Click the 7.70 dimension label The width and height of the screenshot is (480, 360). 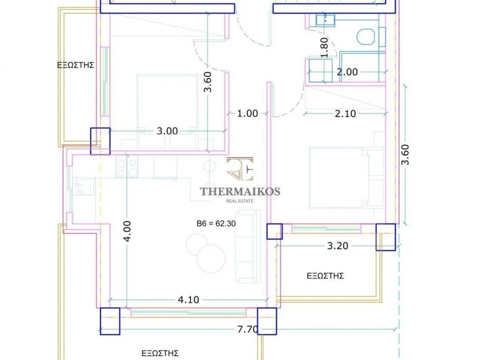pyautogui.click(x=247, y=330)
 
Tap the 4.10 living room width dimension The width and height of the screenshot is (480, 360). pyautogui.click(x=188, y=300)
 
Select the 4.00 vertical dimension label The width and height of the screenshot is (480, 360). pyautogui.click(x=127, y=231)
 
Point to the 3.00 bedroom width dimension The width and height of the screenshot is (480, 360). pyautogui.click(x=167, y=131)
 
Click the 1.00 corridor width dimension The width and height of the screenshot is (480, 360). pyautogui.click(x=247, y=113)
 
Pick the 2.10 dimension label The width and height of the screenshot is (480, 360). pyautogui.click(x=345, y=113)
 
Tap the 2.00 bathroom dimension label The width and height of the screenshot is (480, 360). pyautogui.click(x=347, y=72)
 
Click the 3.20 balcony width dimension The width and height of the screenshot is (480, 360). pyautogui.click(x=337, y=246)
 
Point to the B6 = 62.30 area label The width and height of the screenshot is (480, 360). pyautogui.click(x=216, y=224)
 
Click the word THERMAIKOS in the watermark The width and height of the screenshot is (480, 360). pyautogui.click(x=240, y=191)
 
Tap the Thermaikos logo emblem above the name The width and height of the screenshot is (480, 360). pyautogui.click(x=240, y=169)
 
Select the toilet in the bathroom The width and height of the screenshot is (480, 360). pyautogui.click(x=366, y=37)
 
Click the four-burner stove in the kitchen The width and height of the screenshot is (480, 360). pyautogui.click(x=127, y=166)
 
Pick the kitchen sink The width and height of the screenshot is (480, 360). pyautogui.click(x=82, y=187)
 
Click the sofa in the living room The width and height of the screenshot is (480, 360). pyautogui.click(x=248, y=247)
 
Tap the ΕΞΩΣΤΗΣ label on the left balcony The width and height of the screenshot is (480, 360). pyautogui.click(x=75, y=65)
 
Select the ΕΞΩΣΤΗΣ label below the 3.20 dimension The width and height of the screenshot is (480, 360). pyautogui.click(x=325, y=276)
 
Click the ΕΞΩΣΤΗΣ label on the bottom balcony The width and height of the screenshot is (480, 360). pyautogui.click(x=160, y=353)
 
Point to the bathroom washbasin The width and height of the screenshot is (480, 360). pyautogui.click(x=325, y=19)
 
